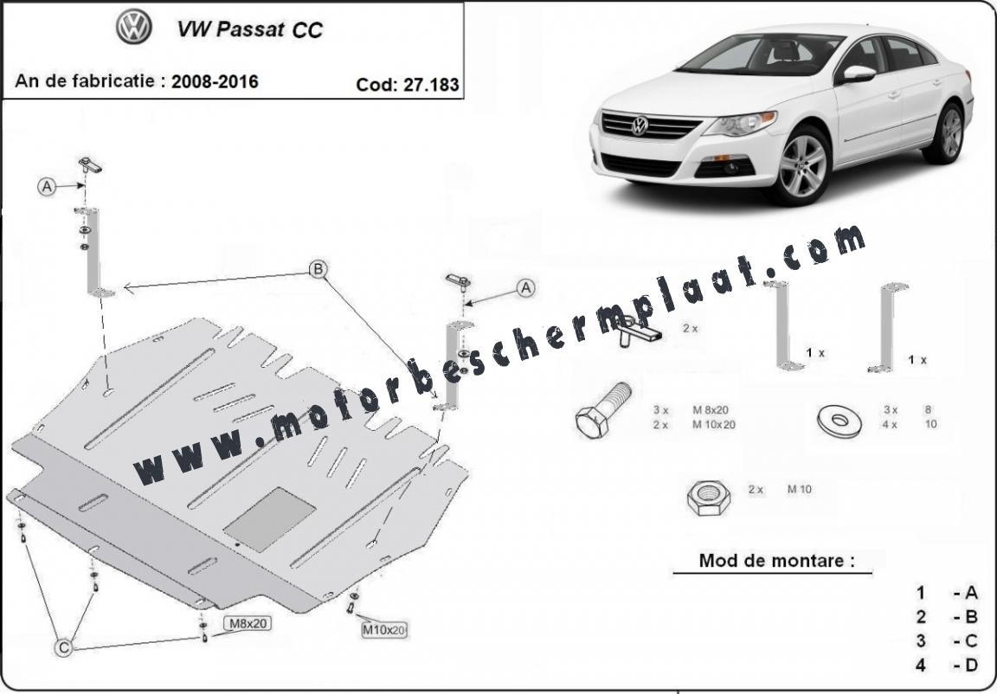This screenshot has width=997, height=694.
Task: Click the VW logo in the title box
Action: click(x=133, y=27)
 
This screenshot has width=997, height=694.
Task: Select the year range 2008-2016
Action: click(x=215, y=81)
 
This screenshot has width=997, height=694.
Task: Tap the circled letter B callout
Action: click(x=318, y=269)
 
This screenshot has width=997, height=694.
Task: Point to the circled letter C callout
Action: click(x=63, y=647)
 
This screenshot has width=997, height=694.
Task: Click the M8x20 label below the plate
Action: click(x=248, y=623)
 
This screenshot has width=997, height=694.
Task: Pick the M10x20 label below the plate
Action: click(x=384, y=630)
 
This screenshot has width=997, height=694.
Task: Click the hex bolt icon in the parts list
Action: click(x=602, y=410)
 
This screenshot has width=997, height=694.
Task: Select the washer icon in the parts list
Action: click(x=839, y=420)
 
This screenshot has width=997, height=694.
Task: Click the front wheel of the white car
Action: click(x=802, y=166)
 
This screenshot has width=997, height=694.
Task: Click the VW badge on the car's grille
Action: click(x=639, y=125)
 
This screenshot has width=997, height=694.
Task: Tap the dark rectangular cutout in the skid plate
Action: click(x=270, y=519)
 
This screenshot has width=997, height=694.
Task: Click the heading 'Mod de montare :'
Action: click(x=776, y=561)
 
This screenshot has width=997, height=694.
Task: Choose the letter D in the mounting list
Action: click(x=971, y=665)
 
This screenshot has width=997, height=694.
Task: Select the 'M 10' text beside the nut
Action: click(x=800, y=489)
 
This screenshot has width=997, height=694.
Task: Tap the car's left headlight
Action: click(x=741, y=124)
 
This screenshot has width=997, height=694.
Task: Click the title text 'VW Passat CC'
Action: click(x=249, y=30)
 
